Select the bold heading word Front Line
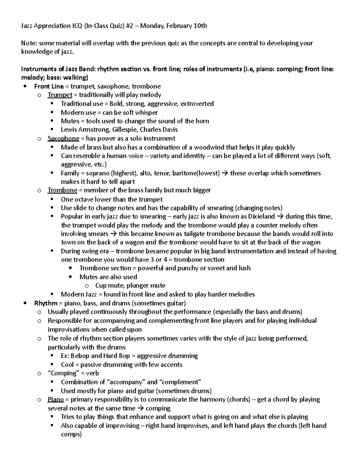pos(49,86)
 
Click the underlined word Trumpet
pos(60,95)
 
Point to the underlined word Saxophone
pos(63,139)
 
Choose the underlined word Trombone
pos(62,190)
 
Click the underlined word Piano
pos(55,400)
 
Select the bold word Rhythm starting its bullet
pos(46,303)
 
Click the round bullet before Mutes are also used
pos(70,277)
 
